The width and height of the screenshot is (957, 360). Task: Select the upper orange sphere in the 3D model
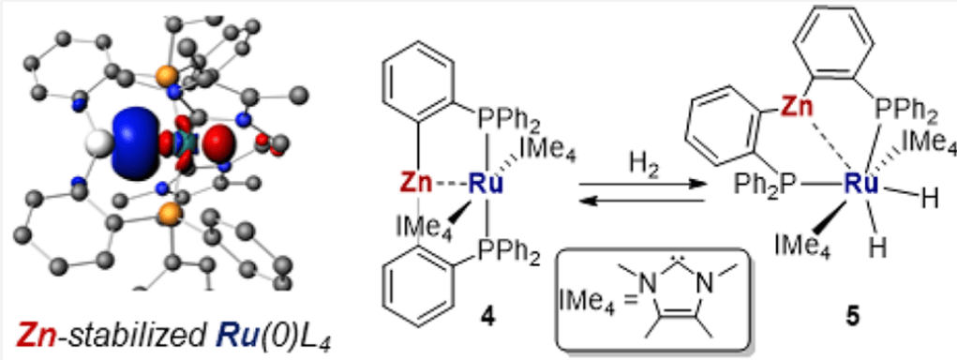pos(167,77)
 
